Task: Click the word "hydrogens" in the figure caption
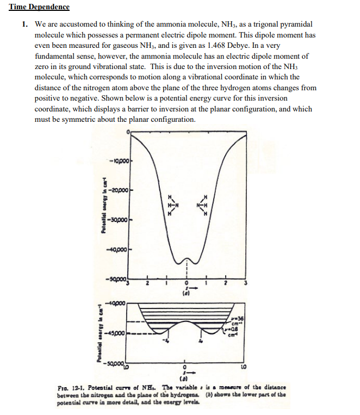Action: tap(228, 394)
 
